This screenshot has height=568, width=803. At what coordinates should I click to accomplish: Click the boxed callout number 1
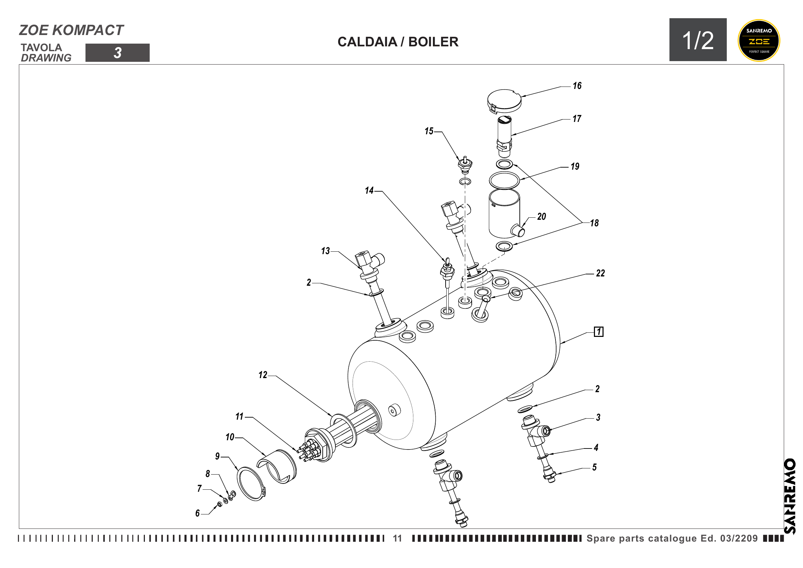(x=598, y=332)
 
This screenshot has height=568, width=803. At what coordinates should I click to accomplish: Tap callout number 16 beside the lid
(x=577, y=86)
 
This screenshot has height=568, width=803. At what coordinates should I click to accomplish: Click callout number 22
(x=600, y=273)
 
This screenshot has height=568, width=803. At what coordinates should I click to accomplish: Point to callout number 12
(x=263, y=375)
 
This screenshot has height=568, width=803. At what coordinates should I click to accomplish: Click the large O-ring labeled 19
(x=504, y=180)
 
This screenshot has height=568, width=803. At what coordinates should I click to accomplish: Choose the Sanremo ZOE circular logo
(x=759, y=41)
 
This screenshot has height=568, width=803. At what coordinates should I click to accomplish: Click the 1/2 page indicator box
(x=698, y=40)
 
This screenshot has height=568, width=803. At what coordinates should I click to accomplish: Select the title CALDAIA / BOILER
(x=398, y=42)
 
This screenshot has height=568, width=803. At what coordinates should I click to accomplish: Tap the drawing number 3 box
(x=117, y=53)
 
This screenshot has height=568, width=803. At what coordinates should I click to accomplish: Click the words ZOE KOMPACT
(x=71, y=31)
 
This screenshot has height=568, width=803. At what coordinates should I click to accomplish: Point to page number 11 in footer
(x=397, y=538)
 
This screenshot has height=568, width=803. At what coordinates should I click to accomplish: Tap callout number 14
(x=369, y=191)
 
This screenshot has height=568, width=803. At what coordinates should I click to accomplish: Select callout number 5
(x=594, y=467)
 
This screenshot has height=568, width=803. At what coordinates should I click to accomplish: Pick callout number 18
(x=594, y=223)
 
